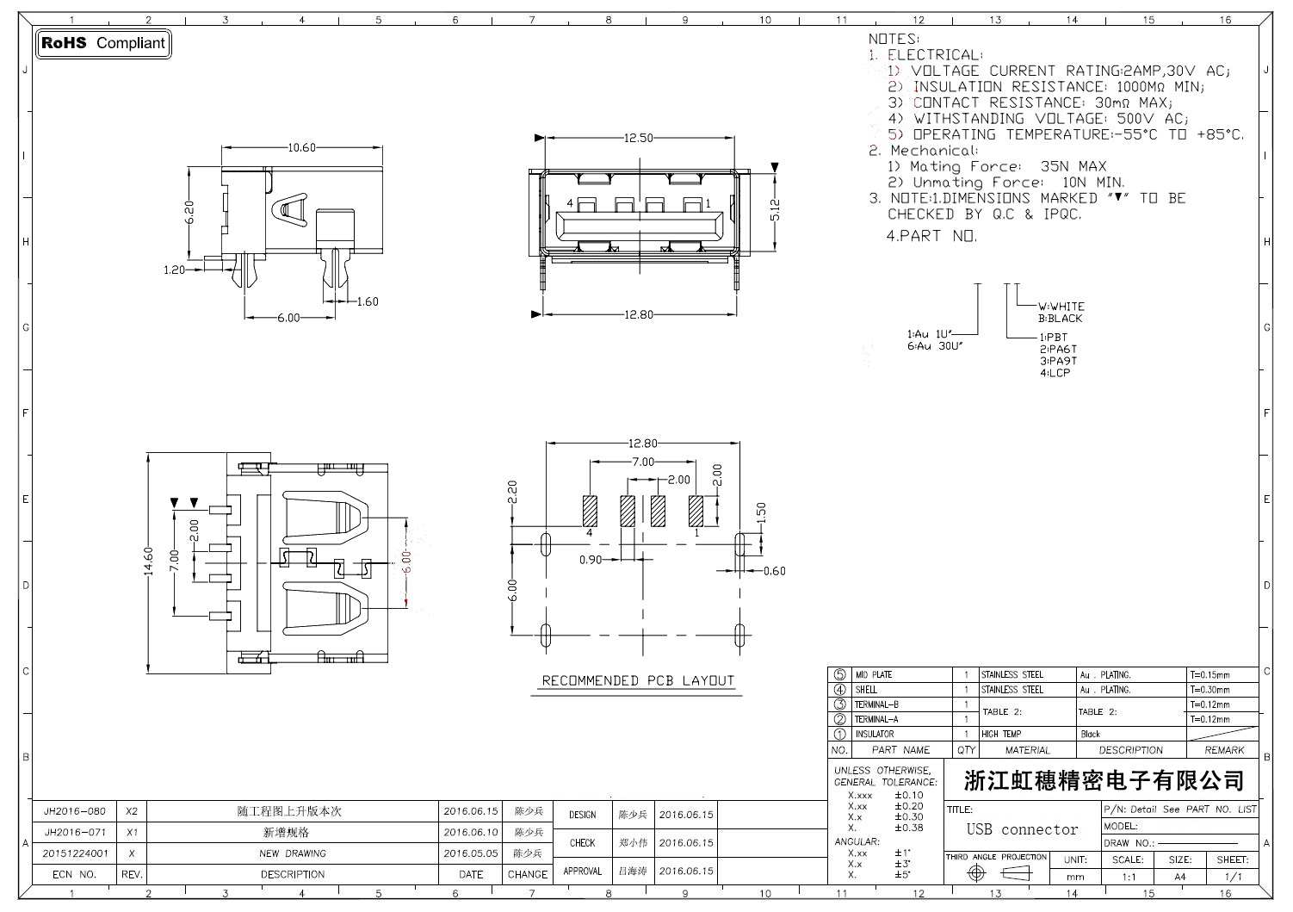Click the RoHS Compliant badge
103,43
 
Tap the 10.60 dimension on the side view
301,148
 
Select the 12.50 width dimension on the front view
638,138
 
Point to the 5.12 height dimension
775,208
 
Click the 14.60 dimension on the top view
148,561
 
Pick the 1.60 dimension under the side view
367,301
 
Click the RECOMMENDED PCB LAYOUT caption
638,680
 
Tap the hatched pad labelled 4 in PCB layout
590,511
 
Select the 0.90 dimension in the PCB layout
591,560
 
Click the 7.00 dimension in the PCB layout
642,462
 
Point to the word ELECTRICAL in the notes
934,55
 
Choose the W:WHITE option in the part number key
1061,307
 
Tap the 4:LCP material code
1055,373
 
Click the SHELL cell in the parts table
866,690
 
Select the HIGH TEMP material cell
1001,735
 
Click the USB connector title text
1022,829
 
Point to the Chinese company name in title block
1104,781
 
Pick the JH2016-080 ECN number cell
75,811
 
